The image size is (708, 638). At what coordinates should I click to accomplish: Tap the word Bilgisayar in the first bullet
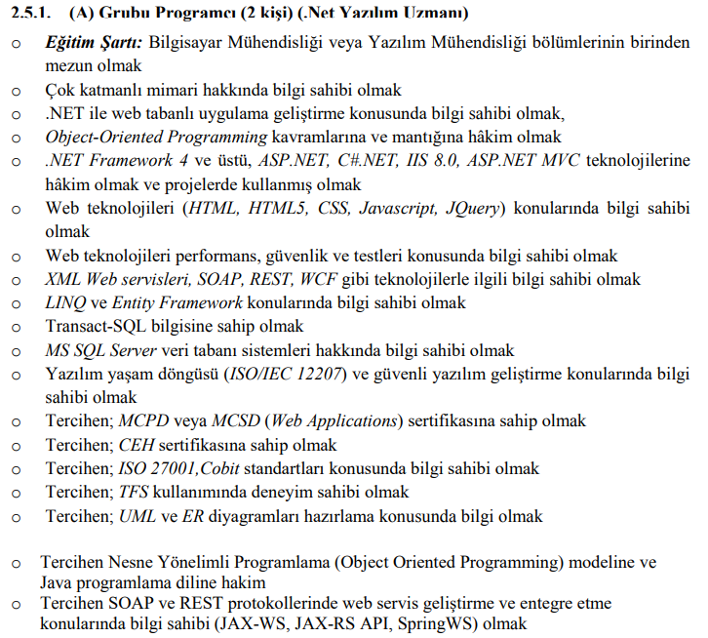click(x=190, y=44)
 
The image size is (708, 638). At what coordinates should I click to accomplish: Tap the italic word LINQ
click(x=67, y=302)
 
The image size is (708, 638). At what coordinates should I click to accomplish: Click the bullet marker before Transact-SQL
click(x=15, y=326)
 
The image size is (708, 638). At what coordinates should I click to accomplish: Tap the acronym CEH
click(x=136, y=445)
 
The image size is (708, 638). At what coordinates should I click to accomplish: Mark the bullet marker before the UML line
click(x=15, y=516)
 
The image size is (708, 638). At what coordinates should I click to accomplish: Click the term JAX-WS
click(x=295, y=624)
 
